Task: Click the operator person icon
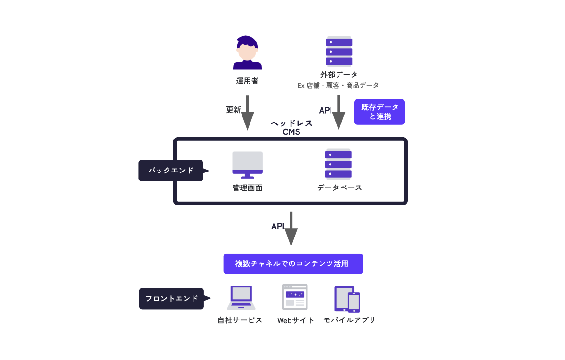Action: click(247, 53)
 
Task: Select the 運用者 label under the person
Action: click(247, 81)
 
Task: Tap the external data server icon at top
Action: click(339, 51)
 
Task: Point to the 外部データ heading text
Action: click(339, 74)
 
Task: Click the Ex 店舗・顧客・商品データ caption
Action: click(338, 85)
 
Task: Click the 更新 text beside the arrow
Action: click(234, 110)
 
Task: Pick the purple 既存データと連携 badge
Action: click(379, 112)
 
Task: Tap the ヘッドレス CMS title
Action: click(291, 127)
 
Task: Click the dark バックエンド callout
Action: click(171, 171)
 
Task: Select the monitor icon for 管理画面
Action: click(247, 164)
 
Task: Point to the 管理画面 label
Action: click(247, 188)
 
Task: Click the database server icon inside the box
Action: click(339, 164)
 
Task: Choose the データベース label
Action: click(339, 188)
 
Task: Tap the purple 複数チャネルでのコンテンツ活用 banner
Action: click(293, 264)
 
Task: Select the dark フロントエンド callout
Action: click(172, 298)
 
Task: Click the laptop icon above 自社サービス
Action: click(241, 297)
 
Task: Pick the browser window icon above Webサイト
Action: click(295, 297)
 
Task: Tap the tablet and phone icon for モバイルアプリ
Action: click(347, 299)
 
